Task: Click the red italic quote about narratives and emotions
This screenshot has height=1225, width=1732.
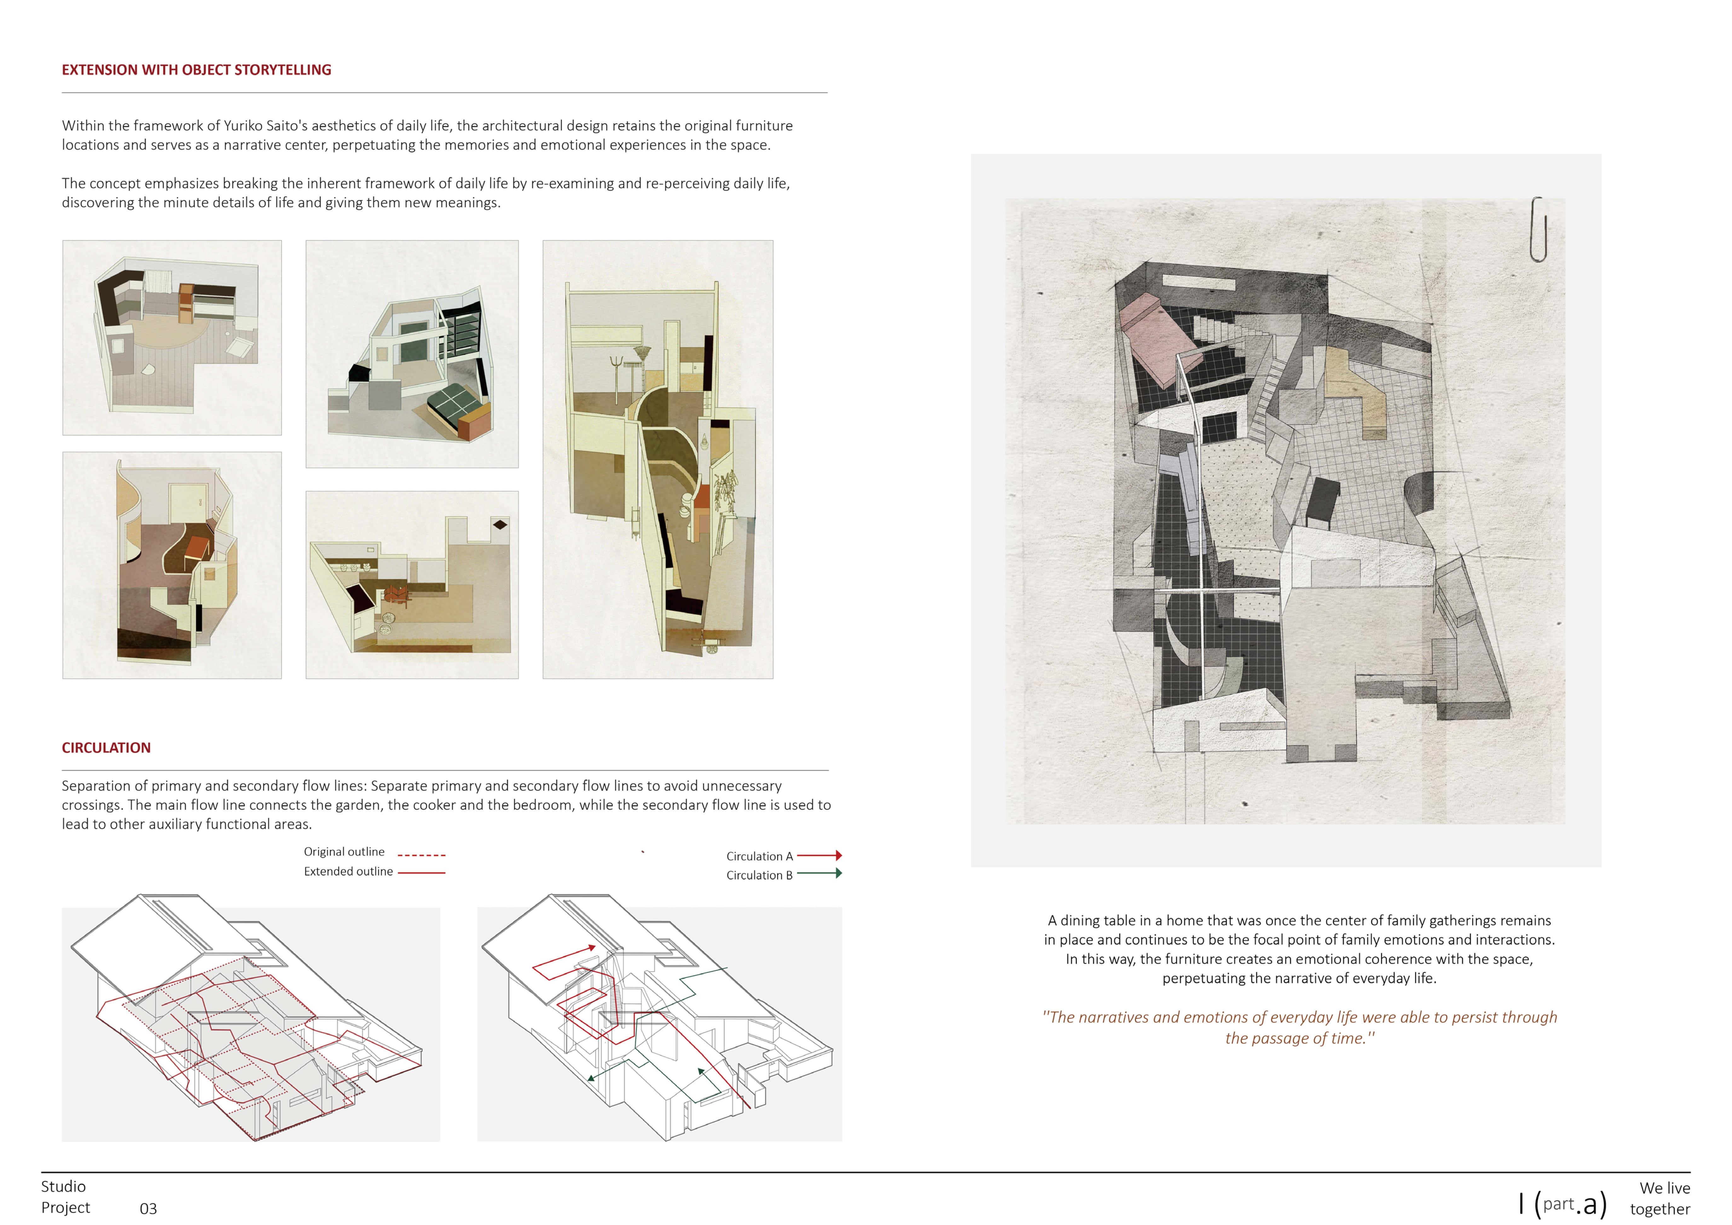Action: (1300, 1027)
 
